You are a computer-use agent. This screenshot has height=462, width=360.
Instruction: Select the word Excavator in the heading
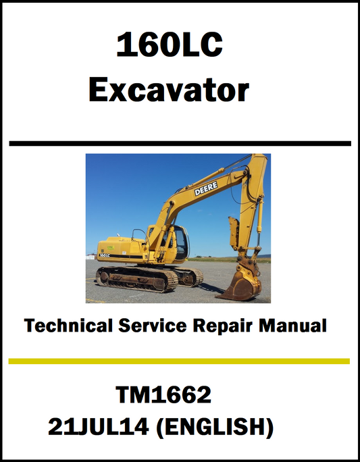click(169, 91)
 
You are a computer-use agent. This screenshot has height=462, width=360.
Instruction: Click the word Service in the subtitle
click(155, 326)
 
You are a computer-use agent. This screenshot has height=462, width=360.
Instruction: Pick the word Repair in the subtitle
click(226, 326)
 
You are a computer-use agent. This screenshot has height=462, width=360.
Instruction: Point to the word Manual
click(294, 326)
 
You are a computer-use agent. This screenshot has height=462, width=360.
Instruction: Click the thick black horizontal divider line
click(180, 143)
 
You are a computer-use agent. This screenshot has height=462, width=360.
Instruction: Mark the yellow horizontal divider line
click(180, 361)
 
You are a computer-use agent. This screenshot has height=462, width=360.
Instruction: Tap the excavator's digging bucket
click(240, 286)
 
